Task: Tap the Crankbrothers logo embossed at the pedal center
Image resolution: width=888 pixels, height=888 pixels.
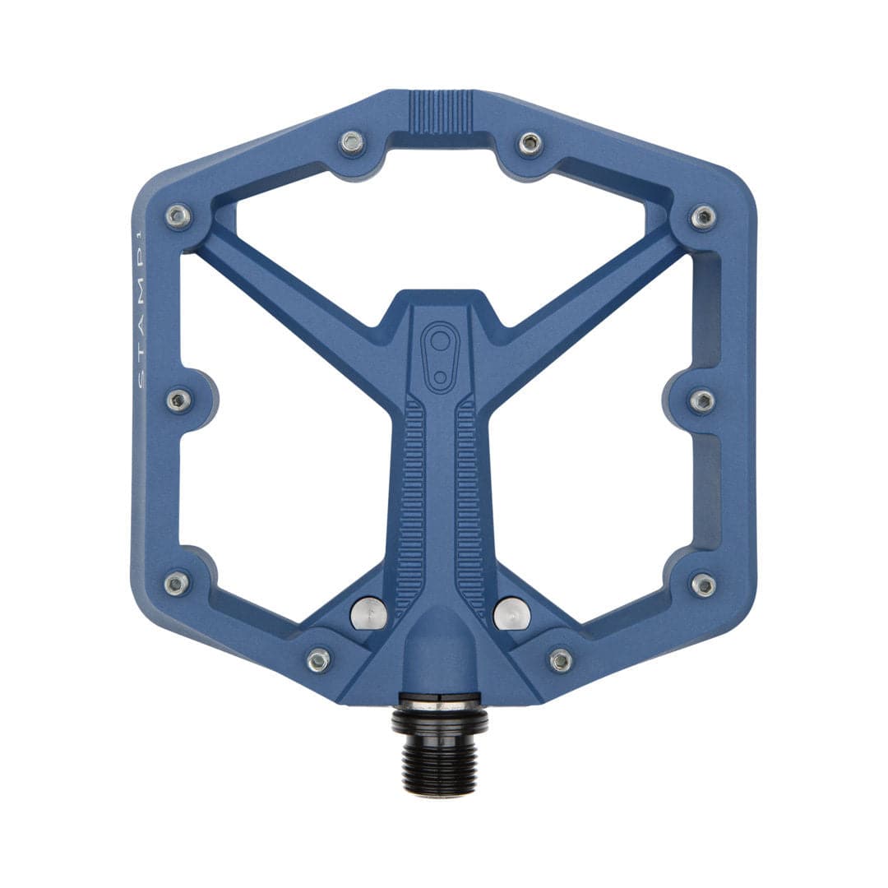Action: coord(441,355)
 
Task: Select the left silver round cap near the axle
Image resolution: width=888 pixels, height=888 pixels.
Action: coord(368,613)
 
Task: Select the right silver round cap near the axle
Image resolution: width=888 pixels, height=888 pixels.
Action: coord(511,613)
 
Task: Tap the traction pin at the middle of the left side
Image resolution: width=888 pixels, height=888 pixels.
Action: coord(178,400)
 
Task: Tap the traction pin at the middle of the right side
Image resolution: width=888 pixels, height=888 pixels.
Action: coord(701,400)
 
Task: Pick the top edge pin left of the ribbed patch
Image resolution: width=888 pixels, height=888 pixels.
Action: coord(352,143)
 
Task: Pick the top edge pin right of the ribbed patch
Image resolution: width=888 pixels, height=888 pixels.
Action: coord(530,143)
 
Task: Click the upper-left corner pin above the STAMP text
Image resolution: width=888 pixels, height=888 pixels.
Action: coord(178,216)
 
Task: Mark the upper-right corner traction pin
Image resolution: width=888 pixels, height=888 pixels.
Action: coord(702,216)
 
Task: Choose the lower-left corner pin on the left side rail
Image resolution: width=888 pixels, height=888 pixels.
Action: coord(177,584)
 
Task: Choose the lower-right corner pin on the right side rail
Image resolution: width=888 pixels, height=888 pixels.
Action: coord(703,584)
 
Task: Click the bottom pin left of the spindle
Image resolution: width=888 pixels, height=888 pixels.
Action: coord(318,659)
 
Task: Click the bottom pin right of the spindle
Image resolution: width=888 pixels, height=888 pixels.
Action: coord(561,659)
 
